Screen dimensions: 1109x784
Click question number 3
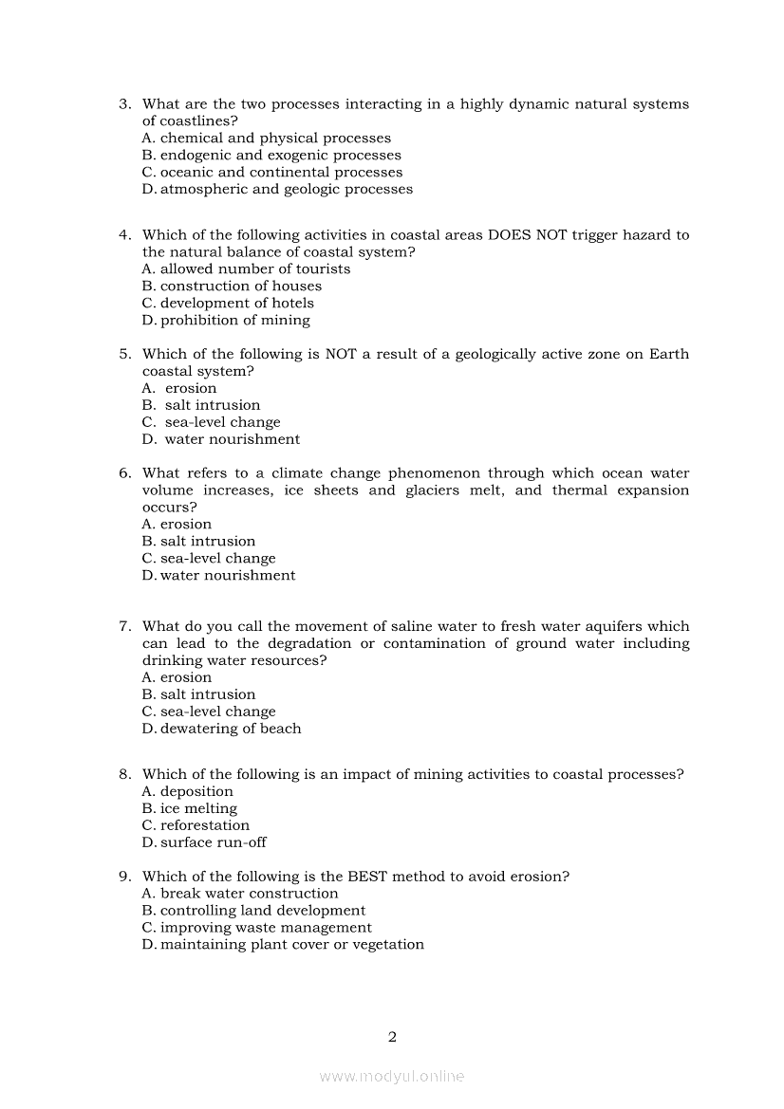[123, 104]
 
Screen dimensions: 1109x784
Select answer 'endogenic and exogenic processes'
[280, 156]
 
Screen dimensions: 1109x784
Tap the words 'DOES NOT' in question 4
[527, 235]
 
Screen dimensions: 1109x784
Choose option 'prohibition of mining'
[234, 321]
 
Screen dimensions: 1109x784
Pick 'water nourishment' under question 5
[232, 439]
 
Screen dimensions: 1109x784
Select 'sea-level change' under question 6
[217, 559]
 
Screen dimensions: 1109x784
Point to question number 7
[123, 627]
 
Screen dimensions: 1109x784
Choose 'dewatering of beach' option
[231, 730]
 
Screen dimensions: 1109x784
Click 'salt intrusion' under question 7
[207, 695]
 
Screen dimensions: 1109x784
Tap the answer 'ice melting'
[198, 809]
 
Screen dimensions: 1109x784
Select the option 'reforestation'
[204, 826]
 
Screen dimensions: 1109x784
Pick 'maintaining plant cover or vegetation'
[291, 945]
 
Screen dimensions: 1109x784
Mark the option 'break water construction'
[249, 894]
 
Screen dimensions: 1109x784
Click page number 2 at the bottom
[392, 1037]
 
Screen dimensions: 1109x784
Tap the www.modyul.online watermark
[392, 1077]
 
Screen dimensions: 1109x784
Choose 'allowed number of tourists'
[254, 269]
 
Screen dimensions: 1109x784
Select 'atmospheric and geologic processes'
[286, 190]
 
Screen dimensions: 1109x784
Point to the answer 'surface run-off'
[213, 843]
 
